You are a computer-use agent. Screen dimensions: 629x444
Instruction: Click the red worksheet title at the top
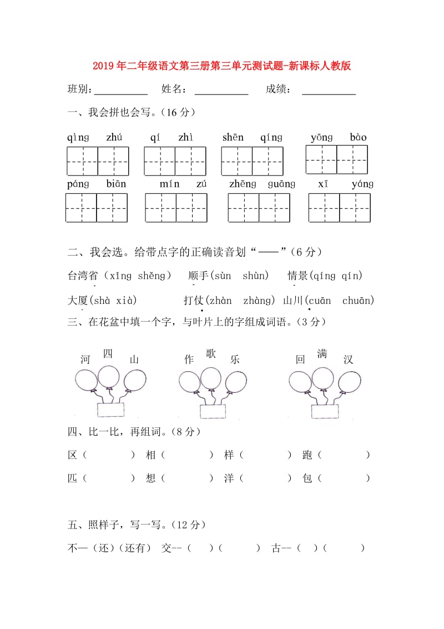point(221,67)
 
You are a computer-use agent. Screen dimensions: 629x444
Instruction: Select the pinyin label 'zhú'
point(114,137)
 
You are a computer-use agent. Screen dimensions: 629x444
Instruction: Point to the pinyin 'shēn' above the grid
point(233,137)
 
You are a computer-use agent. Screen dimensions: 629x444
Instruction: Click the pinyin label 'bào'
point(358,137)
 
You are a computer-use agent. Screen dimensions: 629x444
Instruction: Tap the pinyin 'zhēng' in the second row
point(243,184)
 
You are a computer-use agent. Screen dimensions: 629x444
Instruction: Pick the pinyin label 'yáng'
point(362,184)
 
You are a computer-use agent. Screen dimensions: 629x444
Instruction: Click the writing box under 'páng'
point(82,207)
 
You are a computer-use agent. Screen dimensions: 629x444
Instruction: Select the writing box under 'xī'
point(324,207)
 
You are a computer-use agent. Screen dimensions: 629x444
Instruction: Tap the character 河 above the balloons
point(85,360)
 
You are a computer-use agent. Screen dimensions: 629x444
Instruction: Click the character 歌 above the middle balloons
point(211,354)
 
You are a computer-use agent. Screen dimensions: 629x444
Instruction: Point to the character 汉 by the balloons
point(348,360)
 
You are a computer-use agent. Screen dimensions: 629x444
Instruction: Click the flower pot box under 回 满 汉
point(325,411)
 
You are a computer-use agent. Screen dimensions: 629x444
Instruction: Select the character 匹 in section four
point(72,478)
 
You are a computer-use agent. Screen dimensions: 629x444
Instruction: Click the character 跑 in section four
point(308,455)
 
